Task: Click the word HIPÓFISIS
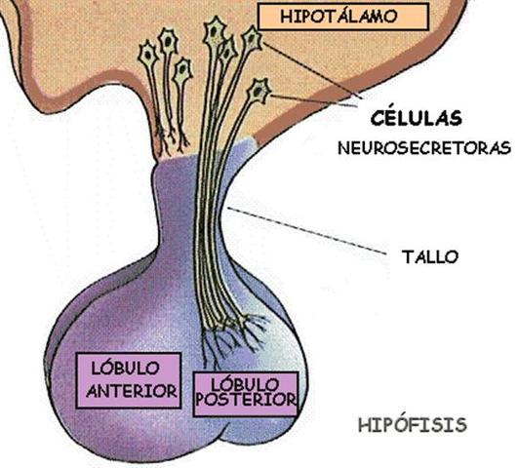click(x=412, y=425)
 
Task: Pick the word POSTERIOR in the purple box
click(x=245, y=400)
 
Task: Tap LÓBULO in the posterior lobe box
click(x=245, y=383)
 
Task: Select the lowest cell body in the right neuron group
click(x=259, y=91)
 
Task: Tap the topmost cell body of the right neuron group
click(x=214, y=33)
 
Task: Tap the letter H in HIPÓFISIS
click(x=365, y=425)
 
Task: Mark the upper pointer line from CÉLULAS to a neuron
click(x=312, y=73)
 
